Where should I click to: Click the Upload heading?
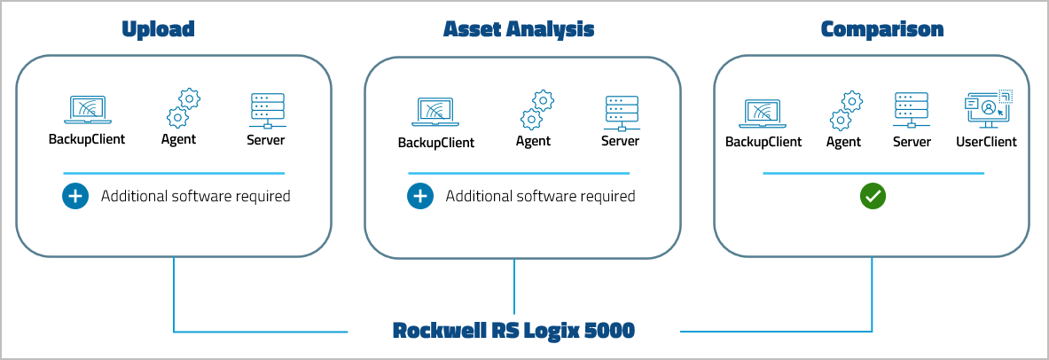point(158,29)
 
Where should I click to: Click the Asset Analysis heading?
point(519,29)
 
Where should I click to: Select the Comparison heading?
point(882,29)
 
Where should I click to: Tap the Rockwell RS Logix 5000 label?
point(514,332)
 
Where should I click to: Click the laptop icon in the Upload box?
point(87,110)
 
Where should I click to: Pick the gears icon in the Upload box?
point(183,108)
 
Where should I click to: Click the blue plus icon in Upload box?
point(75,196)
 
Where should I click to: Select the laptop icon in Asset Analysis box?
point(434,113)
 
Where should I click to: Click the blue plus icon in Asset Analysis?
point(420,196)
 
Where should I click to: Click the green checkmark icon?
point(873,196)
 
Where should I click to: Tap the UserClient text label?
point(986,142)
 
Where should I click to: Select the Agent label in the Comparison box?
point(843,142)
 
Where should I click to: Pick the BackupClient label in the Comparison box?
point(763,142)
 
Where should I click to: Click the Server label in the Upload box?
point(266,139)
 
